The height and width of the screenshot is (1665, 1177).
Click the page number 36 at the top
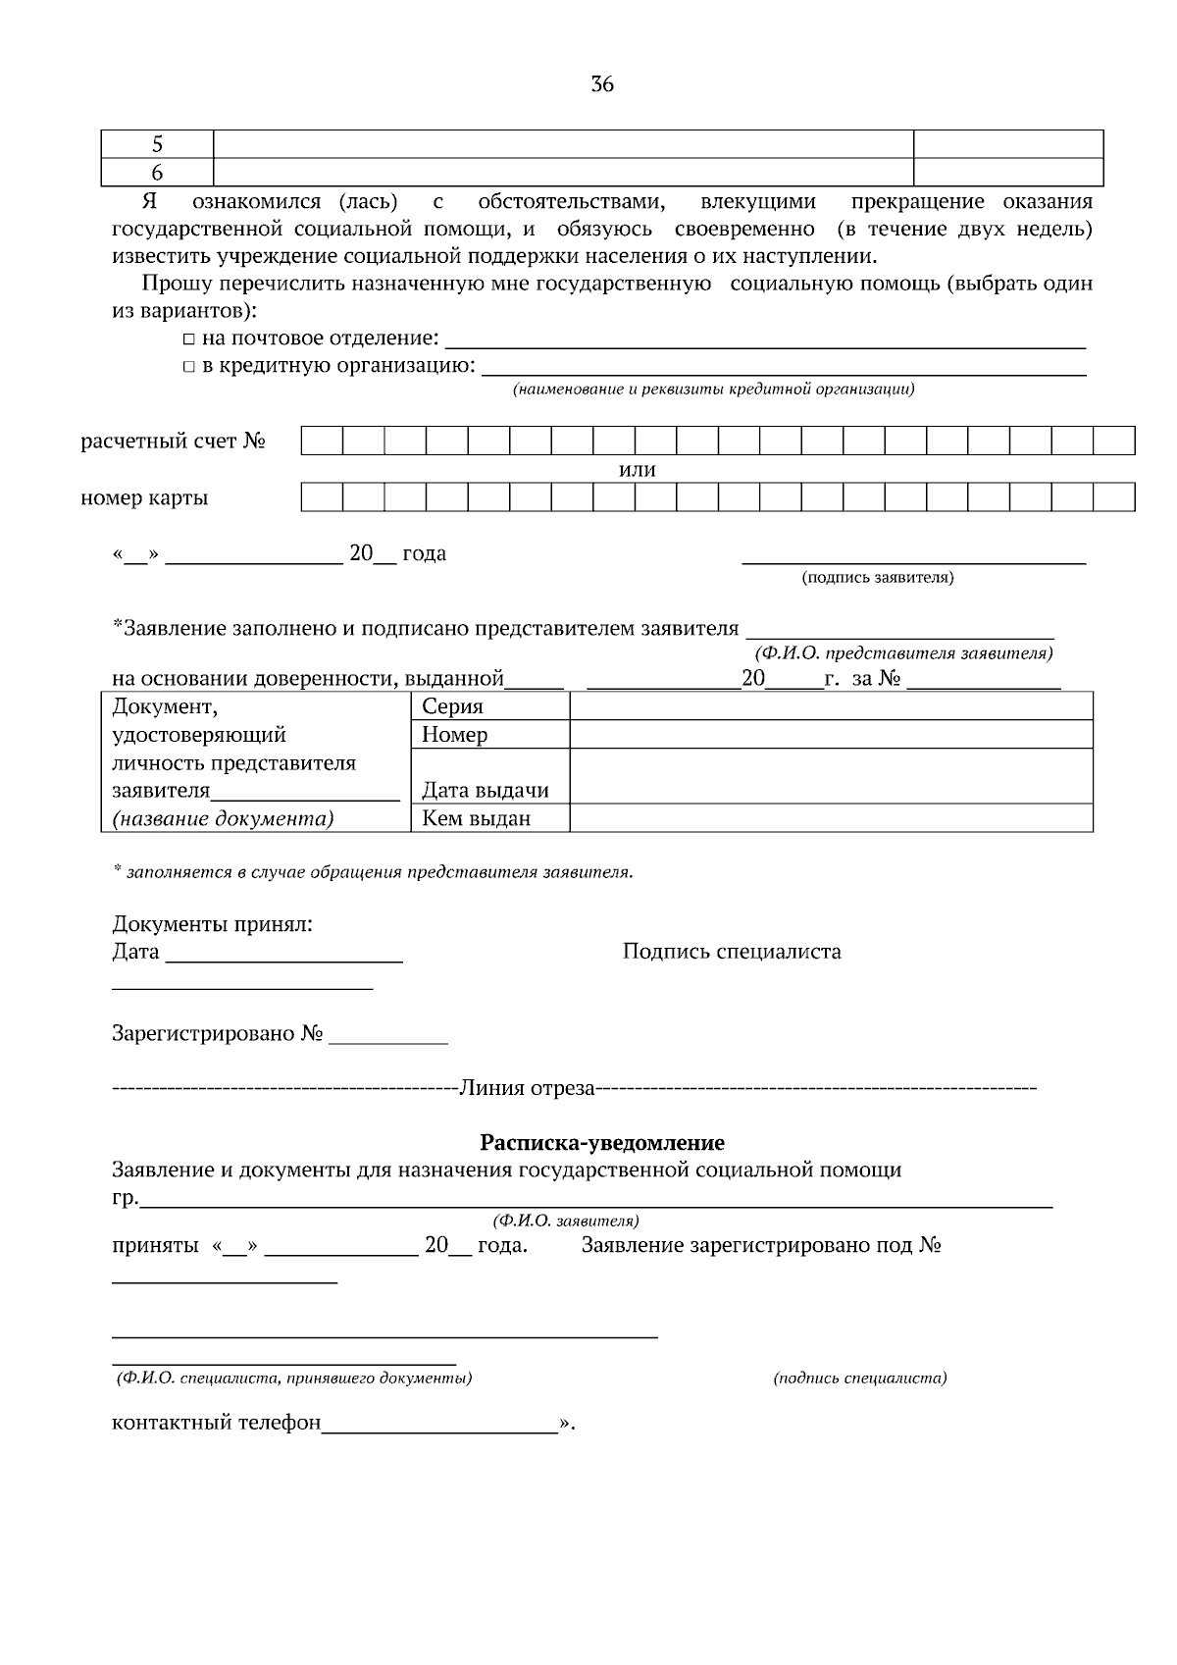click(602, 84)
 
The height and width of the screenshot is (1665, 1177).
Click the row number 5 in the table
click(157, 144)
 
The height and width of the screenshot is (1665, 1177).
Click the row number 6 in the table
click(157, 173)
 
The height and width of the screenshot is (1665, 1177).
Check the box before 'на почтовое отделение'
click(189, 339)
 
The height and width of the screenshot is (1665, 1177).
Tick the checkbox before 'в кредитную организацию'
click(189, 367)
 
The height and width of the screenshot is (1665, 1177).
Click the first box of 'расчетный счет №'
click(321, 441)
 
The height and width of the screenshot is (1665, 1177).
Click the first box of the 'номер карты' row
click(321, 497)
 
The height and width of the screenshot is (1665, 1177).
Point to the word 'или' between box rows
click(638, 470)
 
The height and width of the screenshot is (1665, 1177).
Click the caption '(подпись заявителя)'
click(877, 578)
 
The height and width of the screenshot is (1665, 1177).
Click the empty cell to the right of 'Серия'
click(831, 706)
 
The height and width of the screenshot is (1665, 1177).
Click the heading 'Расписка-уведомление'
click(601, 1142)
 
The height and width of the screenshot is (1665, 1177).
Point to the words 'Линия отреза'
click(527, 1088)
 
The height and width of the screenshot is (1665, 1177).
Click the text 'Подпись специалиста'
click(732, 952)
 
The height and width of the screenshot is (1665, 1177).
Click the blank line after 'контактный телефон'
click(439, 1425)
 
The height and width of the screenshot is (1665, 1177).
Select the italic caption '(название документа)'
click(223, 818)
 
